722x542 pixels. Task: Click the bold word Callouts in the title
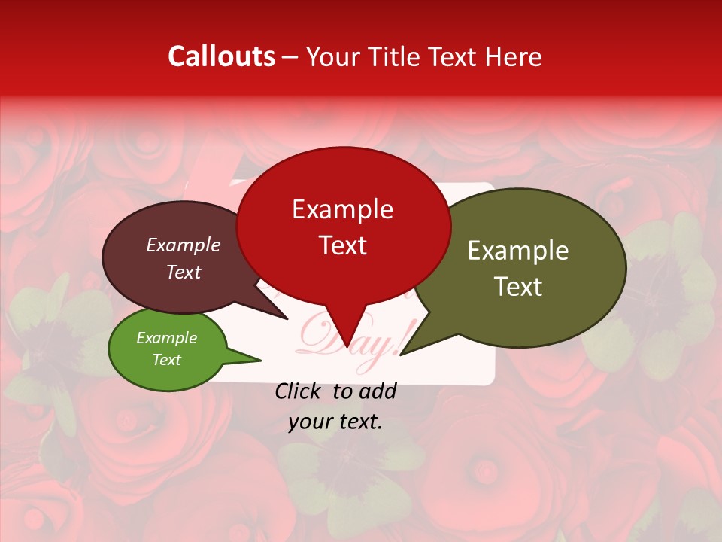click(x=221, y=56)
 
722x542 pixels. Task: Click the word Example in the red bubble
click(x=343, y=209)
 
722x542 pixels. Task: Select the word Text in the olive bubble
click(x=518, y=287)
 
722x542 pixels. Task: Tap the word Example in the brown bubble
click(x=183, y=245)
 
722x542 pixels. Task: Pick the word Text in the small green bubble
click(x=166, y=360)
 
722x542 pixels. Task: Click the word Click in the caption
click(x=298, y=391)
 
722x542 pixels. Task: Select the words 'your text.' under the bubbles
click(x=335, y=422)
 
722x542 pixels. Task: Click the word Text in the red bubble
click(x=343, y=245)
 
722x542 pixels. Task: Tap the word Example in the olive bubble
click(x=518, y=251)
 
